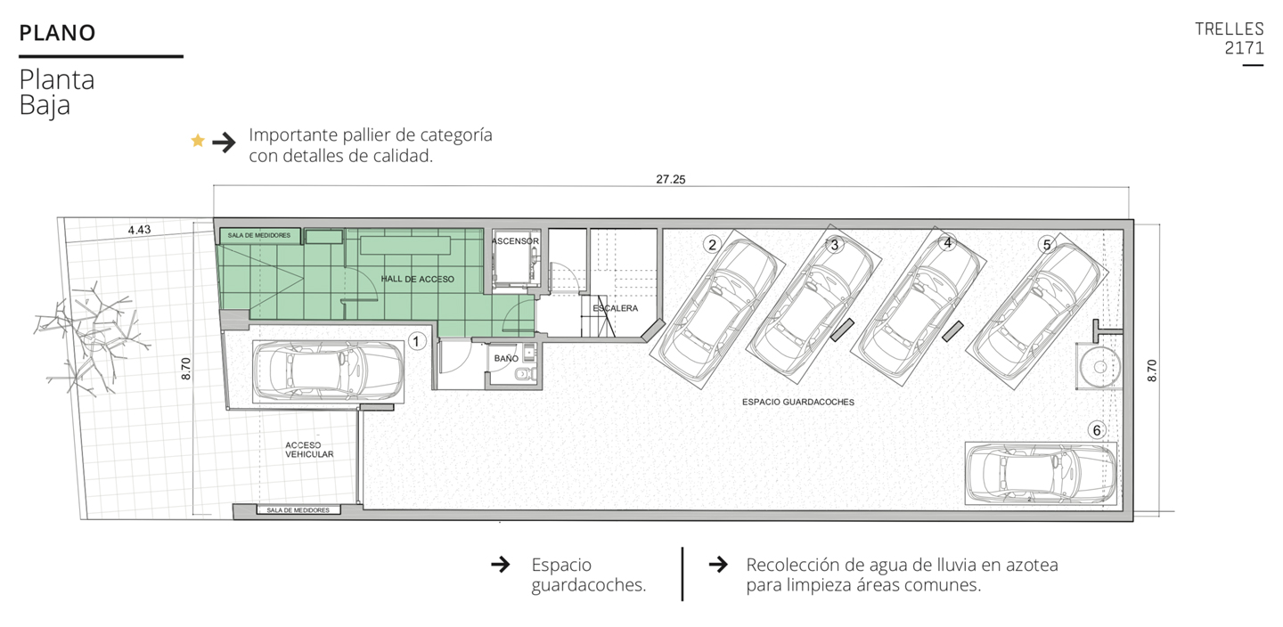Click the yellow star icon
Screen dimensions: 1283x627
[198, 141]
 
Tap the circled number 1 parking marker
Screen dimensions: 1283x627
[416, 342]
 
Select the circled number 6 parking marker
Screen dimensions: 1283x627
[1096, 430]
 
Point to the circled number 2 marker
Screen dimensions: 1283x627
[712, 245]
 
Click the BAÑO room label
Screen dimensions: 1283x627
[506, 358]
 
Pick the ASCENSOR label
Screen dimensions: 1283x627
[515, 241]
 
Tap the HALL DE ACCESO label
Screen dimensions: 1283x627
[418, 279]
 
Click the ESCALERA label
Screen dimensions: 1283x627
[615, 308]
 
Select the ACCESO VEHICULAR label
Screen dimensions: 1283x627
[309, 450]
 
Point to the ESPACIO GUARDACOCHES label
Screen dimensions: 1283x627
[798, 402]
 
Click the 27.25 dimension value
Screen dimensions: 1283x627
[671, 179]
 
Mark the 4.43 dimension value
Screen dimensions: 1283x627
[139, 230]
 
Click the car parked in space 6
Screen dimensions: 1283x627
[1041, 473]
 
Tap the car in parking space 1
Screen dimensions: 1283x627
[328, 371]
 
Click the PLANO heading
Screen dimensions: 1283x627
[57, 33]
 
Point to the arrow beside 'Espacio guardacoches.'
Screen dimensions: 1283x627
[501, 565]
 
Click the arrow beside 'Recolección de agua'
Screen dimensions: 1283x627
[718, 565]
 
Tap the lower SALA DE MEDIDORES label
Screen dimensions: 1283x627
[298, 510]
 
